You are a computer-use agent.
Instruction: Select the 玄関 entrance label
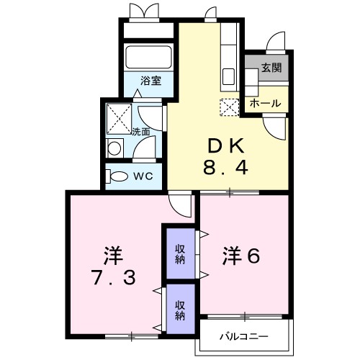click(x=271, y=69)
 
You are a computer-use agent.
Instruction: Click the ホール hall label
click(x=266, y=104)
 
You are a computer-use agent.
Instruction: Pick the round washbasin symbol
click(x=114, y=148)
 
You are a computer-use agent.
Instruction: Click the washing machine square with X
click(x=118, y=115)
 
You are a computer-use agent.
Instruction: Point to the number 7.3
click(x=114, y=278)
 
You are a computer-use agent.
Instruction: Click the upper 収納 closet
click(x=180, y=253)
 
